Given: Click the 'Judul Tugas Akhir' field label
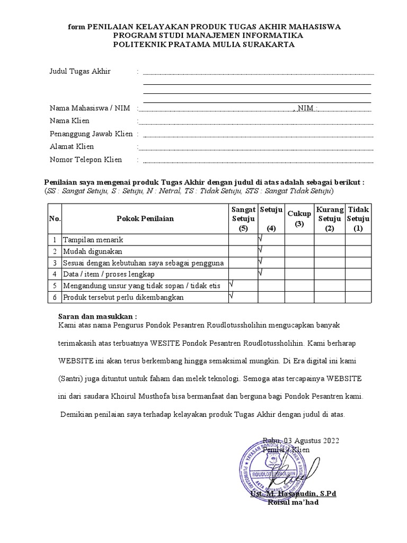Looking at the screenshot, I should [x=80, y=72].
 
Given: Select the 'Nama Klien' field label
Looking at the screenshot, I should [x=69, y=121].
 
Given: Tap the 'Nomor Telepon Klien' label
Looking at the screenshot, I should [x=86, y=160].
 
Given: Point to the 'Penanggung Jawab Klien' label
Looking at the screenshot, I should [x=91, y=134].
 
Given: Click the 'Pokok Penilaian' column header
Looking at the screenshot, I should [x=145, y=218].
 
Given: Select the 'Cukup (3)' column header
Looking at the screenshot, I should [x=299, y=218].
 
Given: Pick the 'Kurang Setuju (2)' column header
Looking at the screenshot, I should [x=330, y=218].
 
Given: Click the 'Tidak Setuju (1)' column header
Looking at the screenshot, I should [x=359, y=218].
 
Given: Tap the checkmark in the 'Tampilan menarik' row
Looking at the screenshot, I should [x=260, y=239].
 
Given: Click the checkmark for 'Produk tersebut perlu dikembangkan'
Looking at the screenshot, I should [x=231, y=296].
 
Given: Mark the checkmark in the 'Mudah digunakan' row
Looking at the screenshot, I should [x=260, y=250].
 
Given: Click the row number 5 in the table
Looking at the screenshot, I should [x=55, y=286].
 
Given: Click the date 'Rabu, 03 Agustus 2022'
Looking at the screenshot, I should [x=300, y=441].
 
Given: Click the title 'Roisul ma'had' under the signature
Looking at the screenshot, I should [x=293, y=502].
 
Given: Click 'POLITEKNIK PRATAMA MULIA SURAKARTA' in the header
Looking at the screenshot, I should [x=203, y=45].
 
